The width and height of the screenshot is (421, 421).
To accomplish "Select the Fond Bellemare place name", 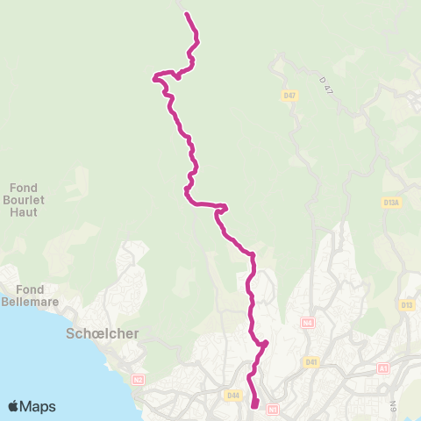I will pos(29,296).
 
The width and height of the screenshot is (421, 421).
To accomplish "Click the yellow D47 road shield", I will pos(289,95).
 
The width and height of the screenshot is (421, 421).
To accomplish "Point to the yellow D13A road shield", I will pos(391,203).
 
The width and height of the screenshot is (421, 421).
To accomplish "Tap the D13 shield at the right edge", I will pos(407,305).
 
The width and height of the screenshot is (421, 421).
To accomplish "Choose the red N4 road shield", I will pos(306,323).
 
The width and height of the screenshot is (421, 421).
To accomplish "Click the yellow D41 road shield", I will pos(310,361).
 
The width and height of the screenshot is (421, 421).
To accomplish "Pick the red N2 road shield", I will pos(138,379).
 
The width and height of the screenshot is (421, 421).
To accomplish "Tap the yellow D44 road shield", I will pos(232,396).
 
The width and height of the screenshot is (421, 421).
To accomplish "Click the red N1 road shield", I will pos(273,408).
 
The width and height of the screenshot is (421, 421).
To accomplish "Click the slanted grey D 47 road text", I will pos(327,85).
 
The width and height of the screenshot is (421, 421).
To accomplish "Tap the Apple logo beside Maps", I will pos(14,406).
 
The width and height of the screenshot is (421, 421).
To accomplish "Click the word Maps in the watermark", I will pos(38,406).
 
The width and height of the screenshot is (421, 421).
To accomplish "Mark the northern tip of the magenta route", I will pos(187,13).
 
